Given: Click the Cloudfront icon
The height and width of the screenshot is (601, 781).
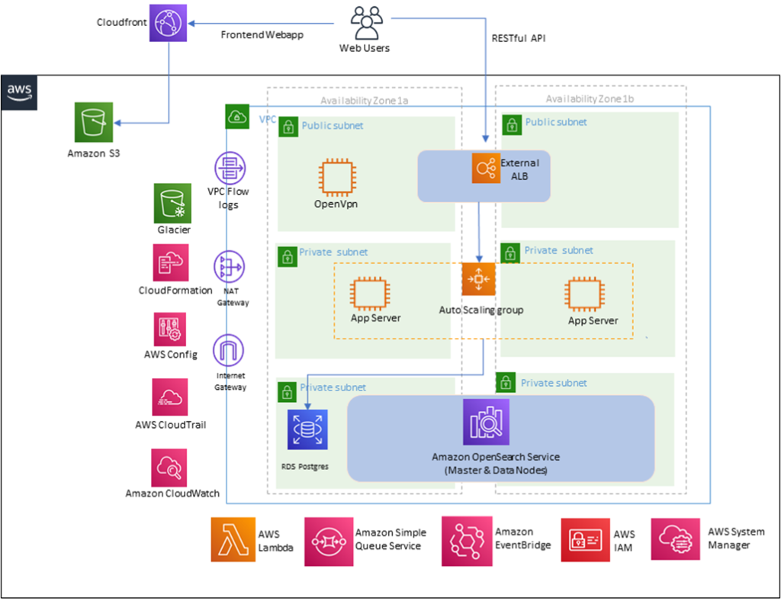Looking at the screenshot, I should pos(169,24).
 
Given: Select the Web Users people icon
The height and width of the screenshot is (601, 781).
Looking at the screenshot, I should pos(365,24).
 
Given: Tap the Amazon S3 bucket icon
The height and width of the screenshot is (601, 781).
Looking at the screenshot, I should pos(94,121).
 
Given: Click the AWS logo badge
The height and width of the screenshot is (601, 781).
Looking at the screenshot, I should pos(19,92).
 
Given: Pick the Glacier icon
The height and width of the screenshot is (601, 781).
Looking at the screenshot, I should pos(172,202).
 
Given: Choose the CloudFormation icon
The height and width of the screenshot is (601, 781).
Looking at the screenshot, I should pos(172,263).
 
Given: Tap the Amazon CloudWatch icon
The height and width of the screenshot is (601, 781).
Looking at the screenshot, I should pos(170,467).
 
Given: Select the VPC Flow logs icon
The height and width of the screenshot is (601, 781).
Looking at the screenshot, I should pos(229,168).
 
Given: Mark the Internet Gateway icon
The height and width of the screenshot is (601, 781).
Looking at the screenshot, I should pos(229,352).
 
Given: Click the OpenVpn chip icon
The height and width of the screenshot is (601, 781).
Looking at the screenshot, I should pos(337,176).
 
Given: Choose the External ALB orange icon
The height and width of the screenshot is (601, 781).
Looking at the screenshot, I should pos(485,167).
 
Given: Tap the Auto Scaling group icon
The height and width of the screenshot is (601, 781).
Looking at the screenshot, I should pos(478,280).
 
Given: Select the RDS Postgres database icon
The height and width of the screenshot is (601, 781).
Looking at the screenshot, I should pos(307,429).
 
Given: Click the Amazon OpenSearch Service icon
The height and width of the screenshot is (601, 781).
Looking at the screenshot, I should pos(486,422).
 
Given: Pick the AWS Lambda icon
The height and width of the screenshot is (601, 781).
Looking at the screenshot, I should pos(233,539).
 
